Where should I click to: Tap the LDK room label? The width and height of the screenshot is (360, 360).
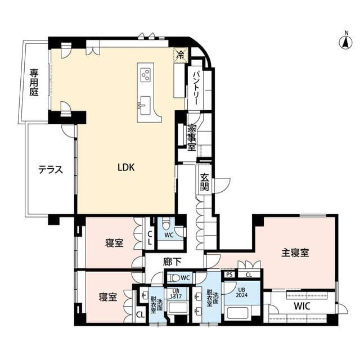click(126, 168)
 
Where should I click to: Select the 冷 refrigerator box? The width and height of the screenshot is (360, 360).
click(181, 55)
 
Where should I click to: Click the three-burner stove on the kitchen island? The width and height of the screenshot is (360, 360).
click(145, 75)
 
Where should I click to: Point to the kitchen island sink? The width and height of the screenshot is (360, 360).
click(145, 105)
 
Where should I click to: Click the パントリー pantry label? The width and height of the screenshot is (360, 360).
click(196, 88)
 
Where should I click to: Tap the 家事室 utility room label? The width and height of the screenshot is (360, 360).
click(192, 138)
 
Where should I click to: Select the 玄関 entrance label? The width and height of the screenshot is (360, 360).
click(204, 182)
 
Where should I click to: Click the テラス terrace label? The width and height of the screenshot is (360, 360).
click(51, 170)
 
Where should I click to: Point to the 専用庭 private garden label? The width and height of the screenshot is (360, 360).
click(34, 83)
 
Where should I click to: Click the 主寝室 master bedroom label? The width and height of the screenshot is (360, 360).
click(295, 253)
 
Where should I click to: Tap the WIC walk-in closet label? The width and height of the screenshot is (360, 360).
click(302, 306)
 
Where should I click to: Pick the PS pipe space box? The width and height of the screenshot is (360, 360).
click(229, 274)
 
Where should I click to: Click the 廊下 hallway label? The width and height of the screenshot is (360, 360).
click(172, 262)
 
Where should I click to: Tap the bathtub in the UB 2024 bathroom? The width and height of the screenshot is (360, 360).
click(237, 312)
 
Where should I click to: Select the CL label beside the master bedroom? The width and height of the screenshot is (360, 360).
click(249, 274)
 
